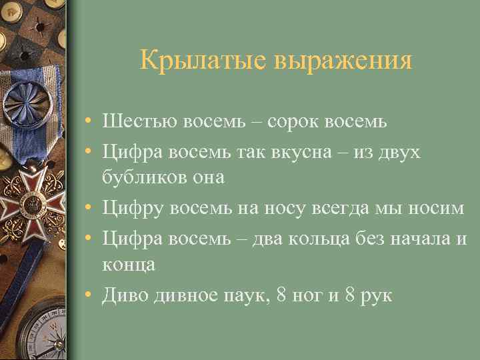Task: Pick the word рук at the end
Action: pos(378,295)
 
